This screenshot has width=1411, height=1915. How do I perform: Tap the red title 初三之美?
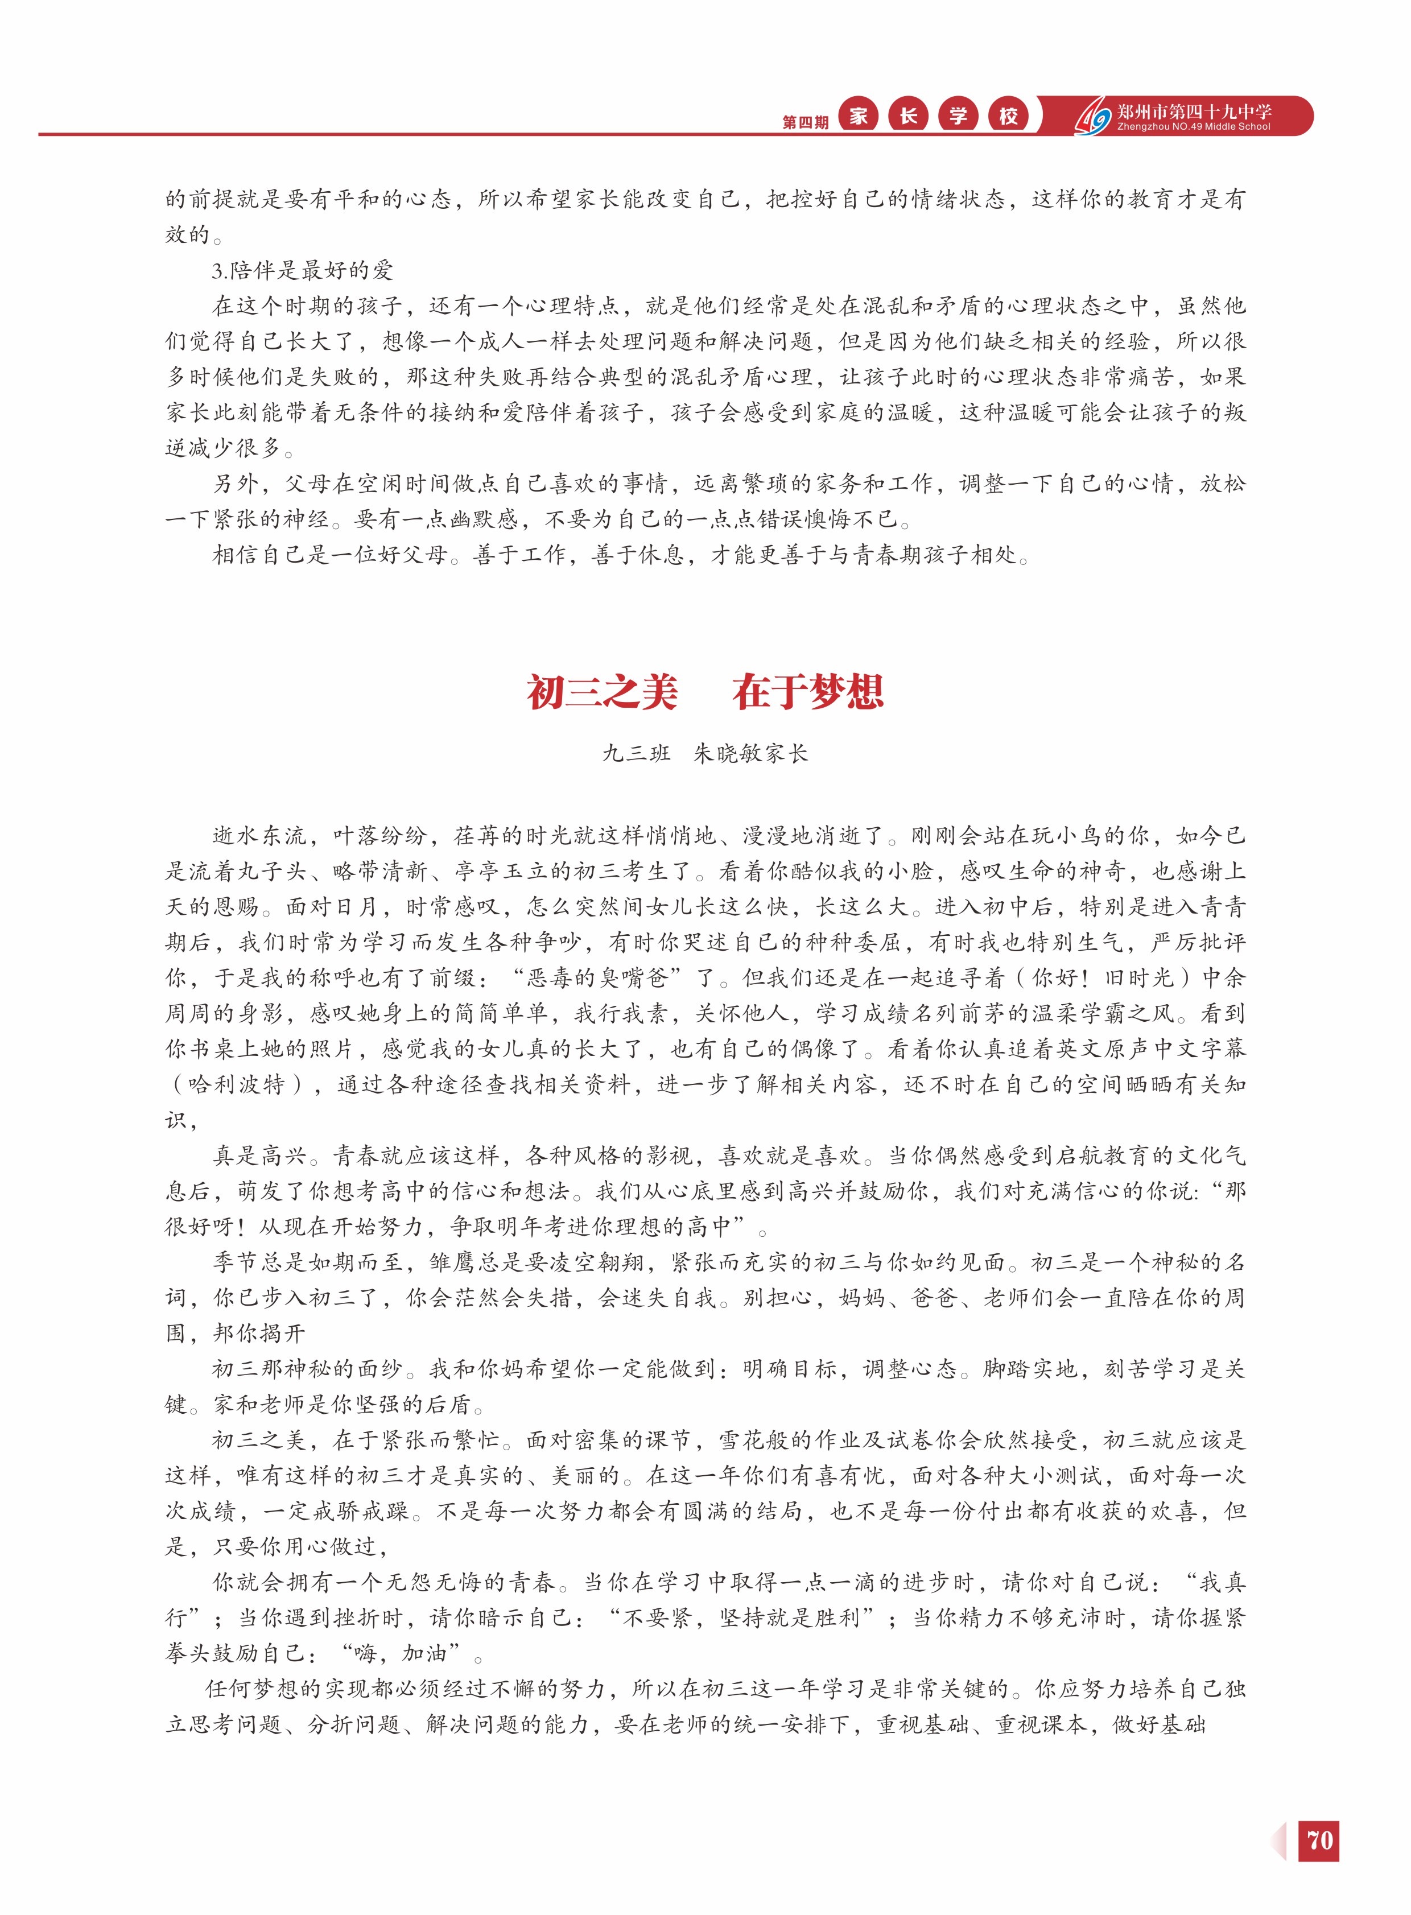(602, 692)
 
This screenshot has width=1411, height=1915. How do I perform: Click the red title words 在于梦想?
(807, 692)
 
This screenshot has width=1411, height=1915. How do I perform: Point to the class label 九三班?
(636, 753)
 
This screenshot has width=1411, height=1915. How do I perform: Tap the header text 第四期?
(804, 122)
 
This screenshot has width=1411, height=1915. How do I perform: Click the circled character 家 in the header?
(859, 116)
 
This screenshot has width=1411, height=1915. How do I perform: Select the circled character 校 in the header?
(1009, 116)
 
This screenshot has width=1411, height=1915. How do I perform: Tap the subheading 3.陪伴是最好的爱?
(303, 271)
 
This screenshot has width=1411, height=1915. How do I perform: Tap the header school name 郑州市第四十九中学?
(1194, 110)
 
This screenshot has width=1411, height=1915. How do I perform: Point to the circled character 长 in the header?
(908, 116)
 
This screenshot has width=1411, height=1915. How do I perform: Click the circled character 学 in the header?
(958, 116)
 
